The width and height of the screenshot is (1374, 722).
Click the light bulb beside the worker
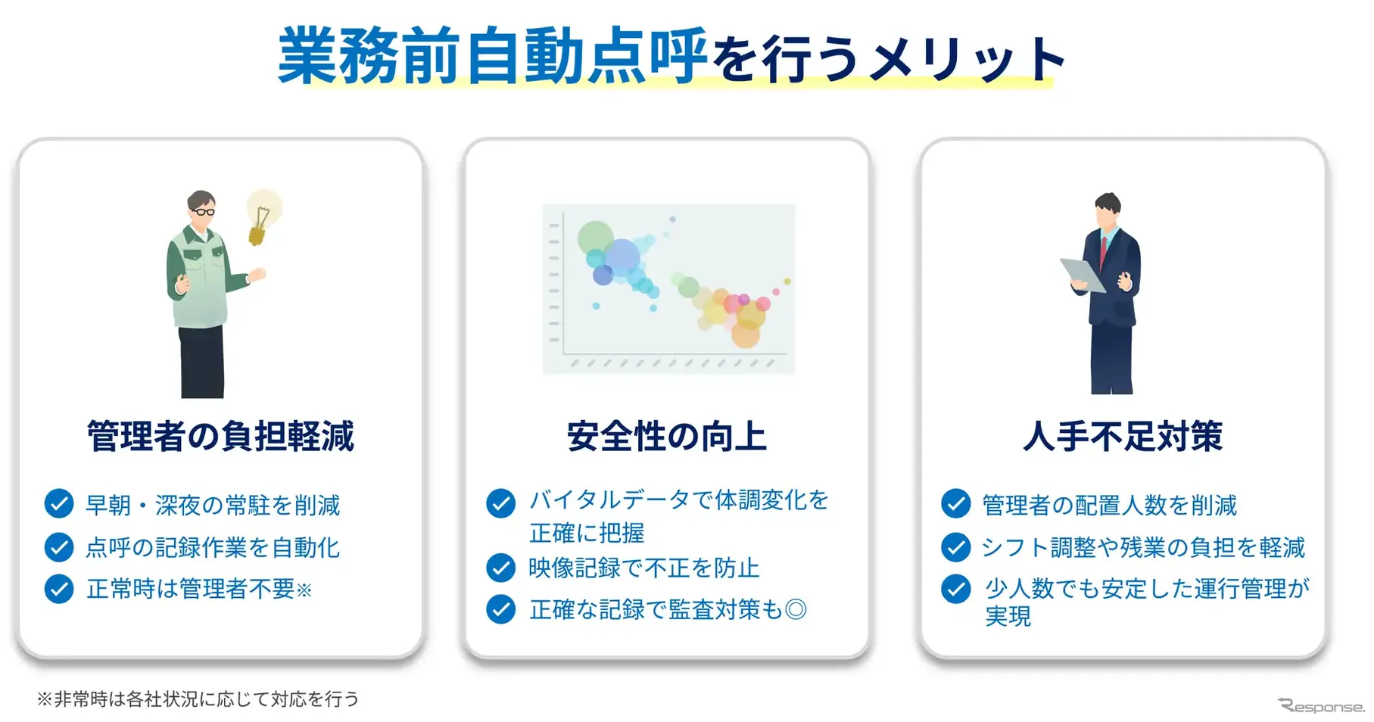[262, 216]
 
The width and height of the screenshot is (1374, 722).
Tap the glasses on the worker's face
[203, 211]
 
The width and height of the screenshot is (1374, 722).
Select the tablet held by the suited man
[1083, 275]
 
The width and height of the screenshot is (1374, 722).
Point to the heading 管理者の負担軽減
[220, 437]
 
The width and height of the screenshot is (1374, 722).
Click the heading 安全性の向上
[666, 437]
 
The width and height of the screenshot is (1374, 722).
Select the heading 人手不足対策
[1123, 437]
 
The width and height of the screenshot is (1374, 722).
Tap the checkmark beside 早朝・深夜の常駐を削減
[59, 504]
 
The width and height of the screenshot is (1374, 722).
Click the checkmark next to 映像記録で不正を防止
[500, 568]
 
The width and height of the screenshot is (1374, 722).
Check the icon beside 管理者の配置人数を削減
[955, 504]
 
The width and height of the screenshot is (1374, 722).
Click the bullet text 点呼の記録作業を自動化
[213, 547]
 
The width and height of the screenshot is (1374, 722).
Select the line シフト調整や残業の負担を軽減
[1143, 547]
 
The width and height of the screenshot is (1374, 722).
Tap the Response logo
[1321, 706]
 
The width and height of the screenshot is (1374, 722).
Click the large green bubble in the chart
[595, 238]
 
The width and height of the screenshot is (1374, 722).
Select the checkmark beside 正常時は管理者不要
[59, 589]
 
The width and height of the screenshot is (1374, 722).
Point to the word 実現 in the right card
[1008, 616]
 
